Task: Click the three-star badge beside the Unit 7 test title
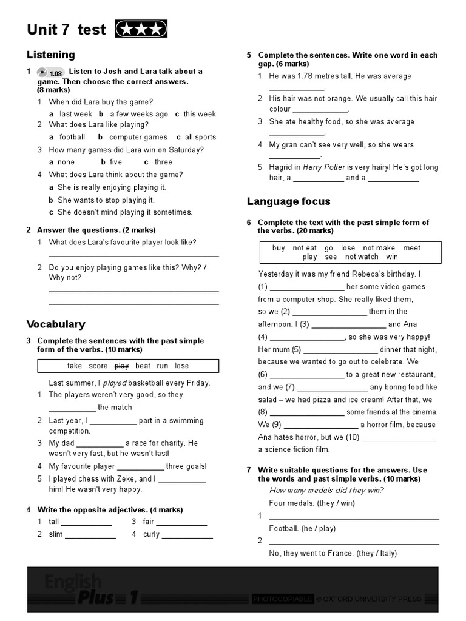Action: coord(141,29)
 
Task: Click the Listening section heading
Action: coord(51,55)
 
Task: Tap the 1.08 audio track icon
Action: coord(50,72)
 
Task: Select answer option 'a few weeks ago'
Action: coord(138,114)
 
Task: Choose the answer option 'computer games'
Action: coord(138,137)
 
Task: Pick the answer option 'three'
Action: coord(163,162)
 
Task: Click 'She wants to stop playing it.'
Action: coord(106,200)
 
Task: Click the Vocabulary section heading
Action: coord(56,324)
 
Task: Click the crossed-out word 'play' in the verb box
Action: coord(121,366)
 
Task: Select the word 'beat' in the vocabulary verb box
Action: coord(143,366)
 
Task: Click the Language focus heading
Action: coord(288,201)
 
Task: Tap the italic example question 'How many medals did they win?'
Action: coord(326,491)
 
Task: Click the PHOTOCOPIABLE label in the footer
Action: coord(283,599)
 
